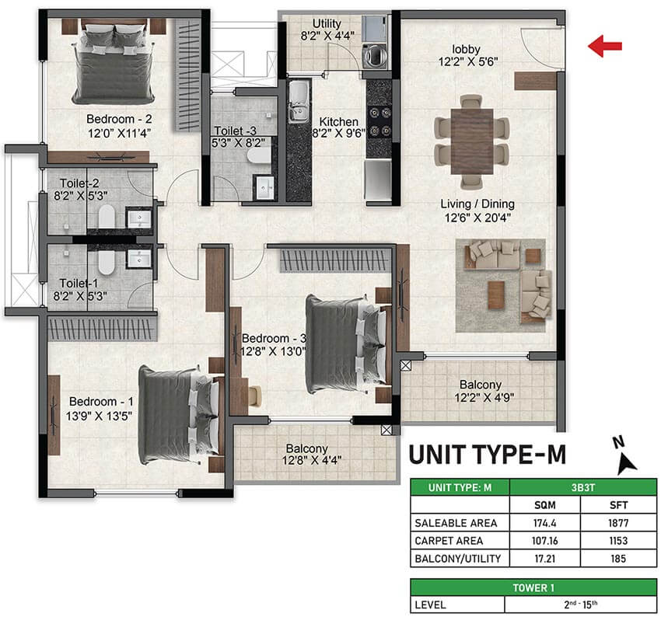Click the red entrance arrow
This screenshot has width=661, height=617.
[x=605, y=46]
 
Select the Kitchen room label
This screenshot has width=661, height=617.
[x=338, y=122]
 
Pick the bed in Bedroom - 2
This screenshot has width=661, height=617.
[x=114, y=62]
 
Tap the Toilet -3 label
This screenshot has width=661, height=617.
[x=235, y=131]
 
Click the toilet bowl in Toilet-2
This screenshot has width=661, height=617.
[x=107, y=217]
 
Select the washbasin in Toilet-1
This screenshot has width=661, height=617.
[x=139, y=258]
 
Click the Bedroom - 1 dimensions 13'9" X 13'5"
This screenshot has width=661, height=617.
[x=99, y=416]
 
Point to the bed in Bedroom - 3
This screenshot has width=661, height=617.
[x=347, y=344]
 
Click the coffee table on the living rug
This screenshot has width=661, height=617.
[x=496, y=295]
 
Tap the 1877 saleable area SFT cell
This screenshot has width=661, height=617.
[x=618, y=523]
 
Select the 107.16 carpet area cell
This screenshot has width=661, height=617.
[x=544, y=541]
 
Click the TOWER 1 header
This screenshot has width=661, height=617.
[x=533, y=588]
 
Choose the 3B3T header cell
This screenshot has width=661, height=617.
[x=583, y=488]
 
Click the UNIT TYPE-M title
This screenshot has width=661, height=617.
[x=488, y=455]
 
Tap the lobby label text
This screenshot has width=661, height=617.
[x=466, y=49]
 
